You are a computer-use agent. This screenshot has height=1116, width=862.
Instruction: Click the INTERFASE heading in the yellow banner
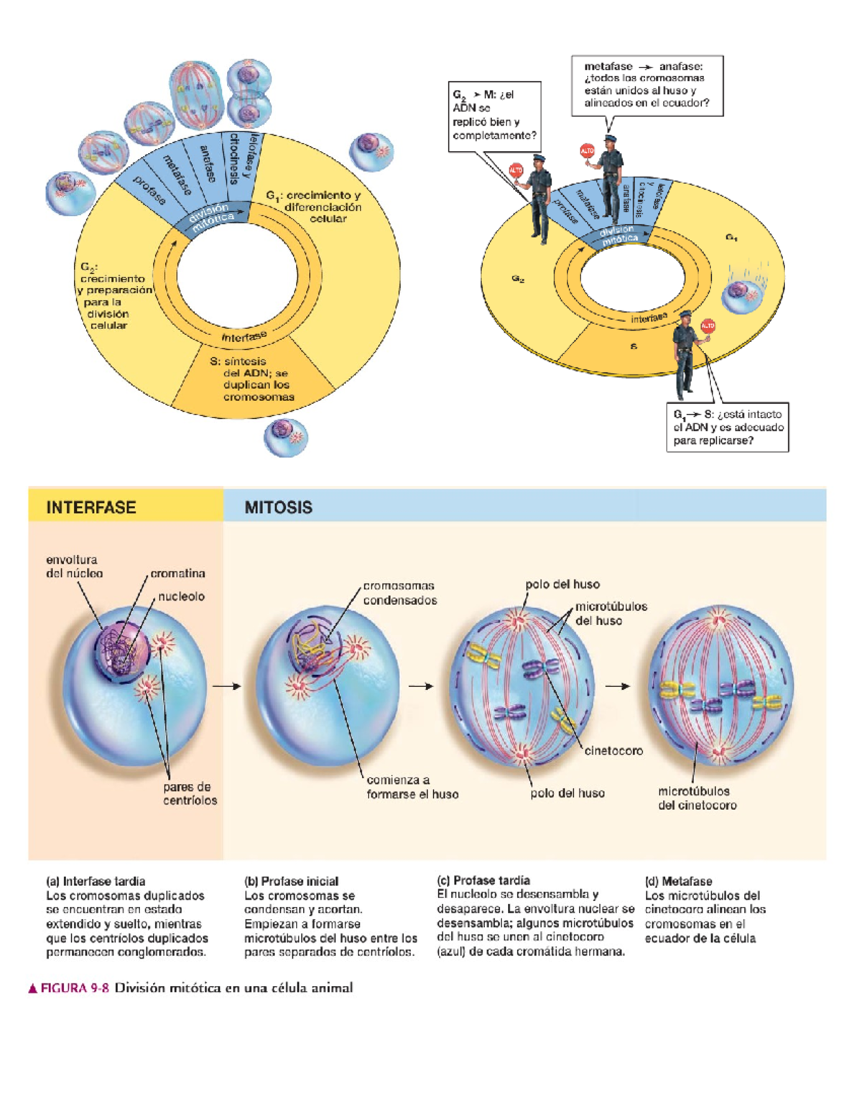point(91,507)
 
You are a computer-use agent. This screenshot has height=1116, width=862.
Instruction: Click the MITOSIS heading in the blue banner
point(278,507)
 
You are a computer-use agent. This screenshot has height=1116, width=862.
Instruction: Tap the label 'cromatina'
point(177,573)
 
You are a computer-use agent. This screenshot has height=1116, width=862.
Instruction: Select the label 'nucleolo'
point(181,596)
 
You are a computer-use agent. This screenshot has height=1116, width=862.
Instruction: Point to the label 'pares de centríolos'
point(189,793)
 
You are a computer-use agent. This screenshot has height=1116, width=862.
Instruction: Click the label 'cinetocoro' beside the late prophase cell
point(613,750)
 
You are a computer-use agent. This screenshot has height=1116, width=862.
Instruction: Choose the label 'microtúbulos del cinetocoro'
point(696,798)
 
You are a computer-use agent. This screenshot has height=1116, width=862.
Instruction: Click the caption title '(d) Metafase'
point(678,881)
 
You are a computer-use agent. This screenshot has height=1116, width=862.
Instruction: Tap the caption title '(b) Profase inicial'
point(291,881)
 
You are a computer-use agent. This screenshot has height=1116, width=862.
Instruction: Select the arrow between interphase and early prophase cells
point(226,686)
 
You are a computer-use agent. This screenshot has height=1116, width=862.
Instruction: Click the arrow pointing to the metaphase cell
point(617,686)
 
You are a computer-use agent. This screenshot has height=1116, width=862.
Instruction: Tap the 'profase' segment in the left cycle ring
point(149,190)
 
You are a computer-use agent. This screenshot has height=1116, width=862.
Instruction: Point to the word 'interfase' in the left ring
point(244,337)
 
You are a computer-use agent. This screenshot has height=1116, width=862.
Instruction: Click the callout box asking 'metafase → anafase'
point(646,85)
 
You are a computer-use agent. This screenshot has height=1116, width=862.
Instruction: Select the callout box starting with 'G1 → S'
point(727,427)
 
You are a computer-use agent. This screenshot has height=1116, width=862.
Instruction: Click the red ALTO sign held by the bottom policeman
point(708,326)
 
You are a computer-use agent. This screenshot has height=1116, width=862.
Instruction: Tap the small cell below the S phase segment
point(286,437)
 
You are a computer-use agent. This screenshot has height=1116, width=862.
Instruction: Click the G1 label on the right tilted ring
point(731,237)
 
